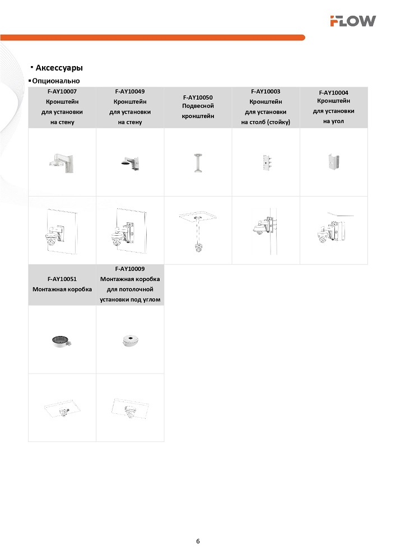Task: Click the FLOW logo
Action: coord(352,21)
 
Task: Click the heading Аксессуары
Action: coord(59,68)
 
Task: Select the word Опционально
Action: coord(56,81)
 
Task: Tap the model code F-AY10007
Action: coord(62,91)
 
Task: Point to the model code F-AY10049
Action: coord(130,91)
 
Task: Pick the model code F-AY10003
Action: coord(265,91)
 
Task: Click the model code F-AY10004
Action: coord(334,93)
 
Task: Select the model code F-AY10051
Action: coord(62,278)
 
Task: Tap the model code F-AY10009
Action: coord(130,269)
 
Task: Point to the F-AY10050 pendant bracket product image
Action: coord(198,162)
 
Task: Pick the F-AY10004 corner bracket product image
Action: coord(334,162)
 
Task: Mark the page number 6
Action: coord(198,541)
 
